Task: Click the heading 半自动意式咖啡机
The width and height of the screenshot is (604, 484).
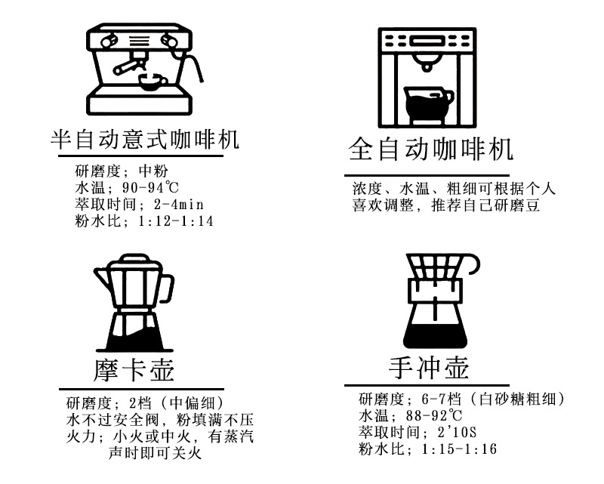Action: point(143,140)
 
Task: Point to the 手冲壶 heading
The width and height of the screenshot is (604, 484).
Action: point(428,368)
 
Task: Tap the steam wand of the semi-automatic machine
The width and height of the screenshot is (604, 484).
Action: point(198,68)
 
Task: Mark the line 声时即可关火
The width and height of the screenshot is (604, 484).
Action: point(156,453)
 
